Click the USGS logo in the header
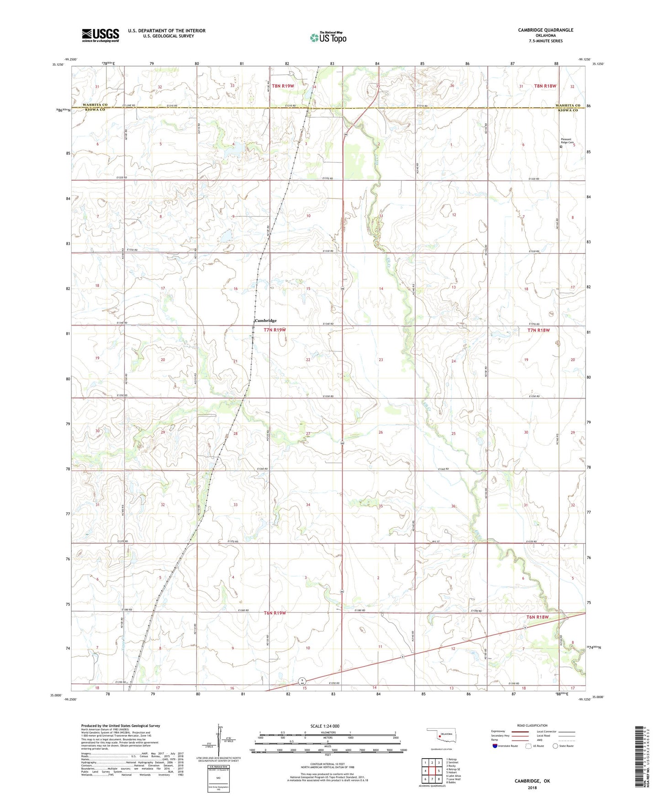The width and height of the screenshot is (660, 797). (x=100, y=35)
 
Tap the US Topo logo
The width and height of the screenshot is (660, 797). (x=328, y=37)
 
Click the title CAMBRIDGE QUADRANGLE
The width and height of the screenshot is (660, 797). (x=545, y=30)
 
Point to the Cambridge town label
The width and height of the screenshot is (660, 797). (x=265, y=320)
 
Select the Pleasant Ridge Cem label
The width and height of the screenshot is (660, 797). (x=567, y=141)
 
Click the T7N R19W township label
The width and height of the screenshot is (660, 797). (x=275, y=330)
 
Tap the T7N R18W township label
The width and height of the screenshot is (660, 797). (x=542, y=330)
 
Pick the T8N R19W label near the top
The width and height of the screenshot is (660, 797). (x=283, y=86)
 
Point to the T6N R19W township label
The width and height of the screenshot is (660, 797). (x=275, y=613)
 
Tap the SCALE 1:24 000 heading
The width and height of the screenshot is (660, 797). (x=325, y=726)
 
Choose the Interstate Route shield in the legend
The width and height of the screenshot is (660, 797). (x=496, y=746)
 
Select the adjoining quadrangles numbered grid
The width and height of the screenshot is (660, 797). (x=432, y=771)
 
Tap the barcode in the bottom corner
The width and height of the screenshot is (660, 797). (x=641, y=758)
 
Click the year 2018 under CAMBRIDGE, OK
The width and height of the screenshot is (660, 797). (x=532, y=788)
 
